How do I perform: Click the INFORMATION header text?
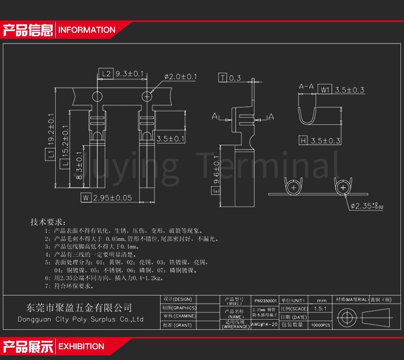coord(87,30)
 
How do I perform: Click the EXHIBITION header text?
coord(81,346)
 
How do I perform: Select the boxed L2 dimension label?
coord(105,74)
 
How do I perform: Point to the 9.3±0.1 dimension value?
coord(129,74)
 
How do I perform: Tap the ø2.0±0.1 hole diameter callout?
coord(180,77)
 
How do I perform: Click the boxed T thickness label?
coord(222,78)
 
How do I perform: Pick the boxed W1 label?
coord(326,90)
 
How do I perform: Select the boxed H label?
coord(303,140)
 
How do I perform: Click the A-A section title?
coord(306,86)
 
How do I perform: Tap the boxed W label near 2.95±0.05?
coord(86,197)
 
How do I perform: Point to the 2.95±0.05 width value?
coord(113,197)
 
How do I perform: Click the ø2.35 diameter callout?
coord(368,206)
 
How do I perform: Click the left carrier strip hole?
coord(97,96)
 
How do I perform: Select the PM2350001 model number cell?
coord(265,301)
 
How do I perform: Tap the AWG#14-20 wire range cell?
coord(264,325)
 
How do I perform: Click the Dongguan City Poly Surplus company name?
coord(81,320)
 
